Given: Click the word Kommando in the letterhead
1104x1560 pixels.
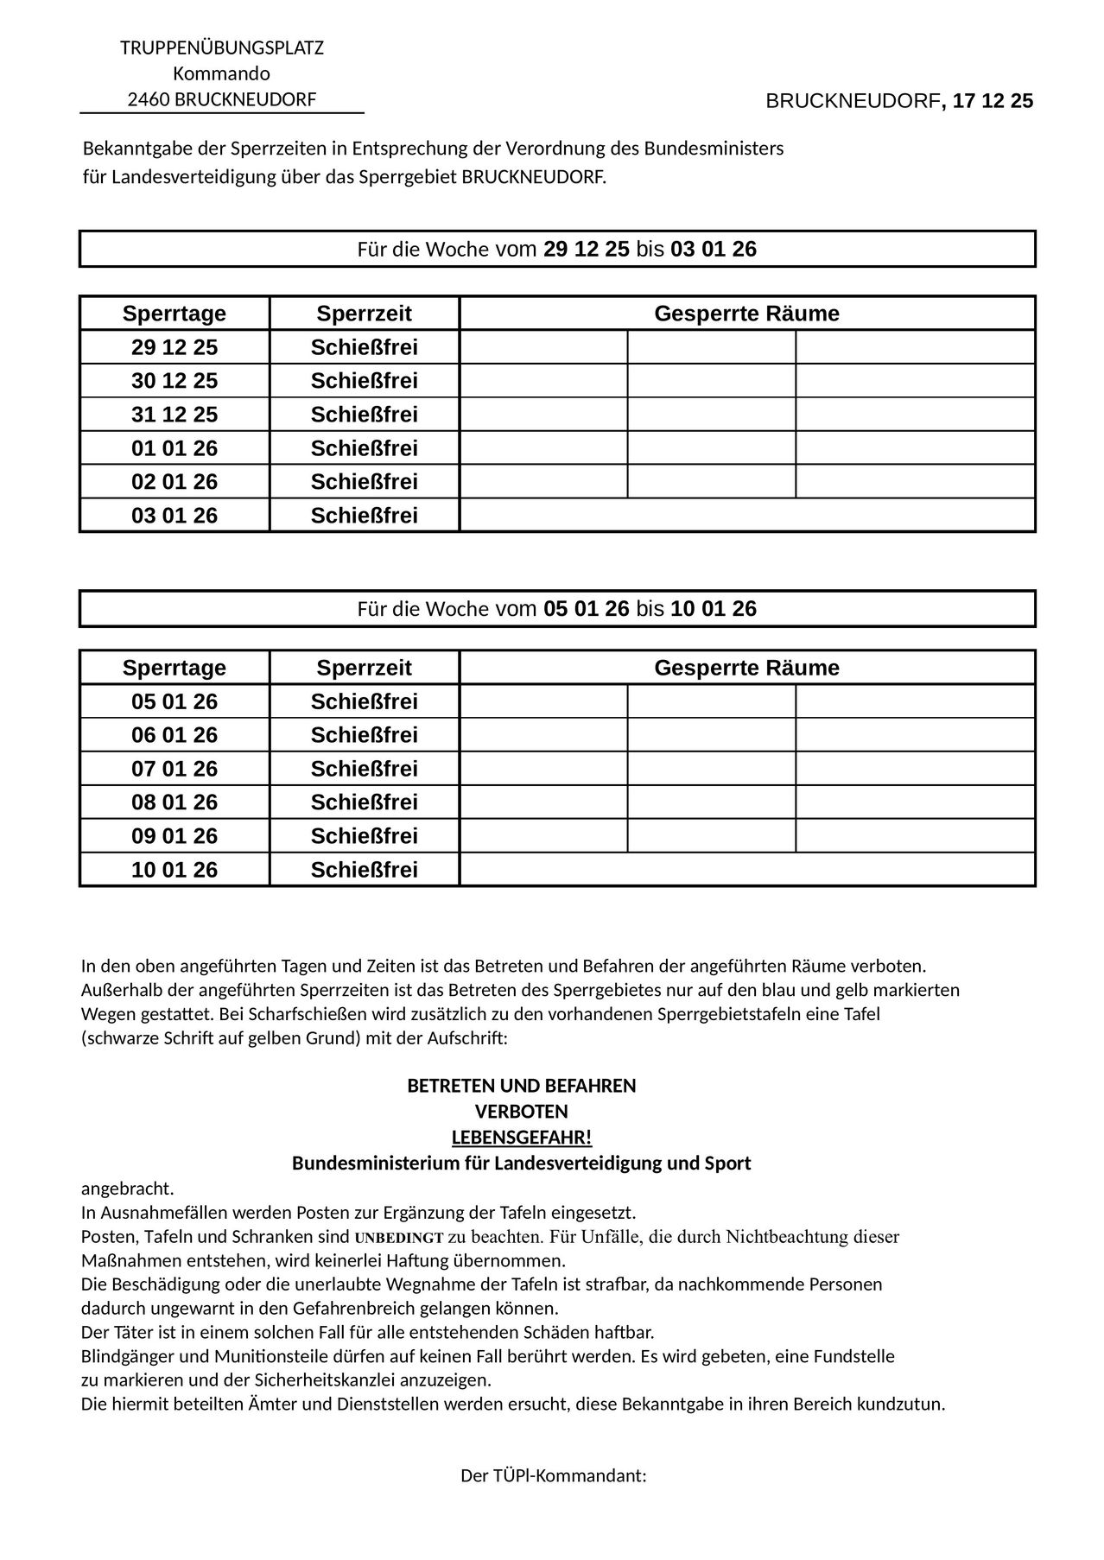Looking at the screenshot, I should point(221,73).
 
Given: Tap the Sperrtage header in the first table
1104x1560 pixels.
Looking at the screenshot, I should point(174,314).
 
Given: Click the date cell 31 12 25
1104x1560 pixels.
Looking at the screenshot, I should point(174,415).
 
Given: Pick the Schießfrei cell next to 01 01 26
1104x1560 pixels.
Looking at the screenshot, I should point(364,448).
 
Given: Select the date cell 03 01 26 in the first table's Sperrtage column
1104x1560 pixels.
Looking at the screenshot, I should point(174,516).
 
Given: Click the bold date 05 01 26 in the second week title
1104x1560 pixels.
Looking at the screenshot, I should point(586,609).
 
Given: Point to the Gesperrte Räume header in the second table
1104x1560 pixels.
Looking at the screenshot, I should point(746,668).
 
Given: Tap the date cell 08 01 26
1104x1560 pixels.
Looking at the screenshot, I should point(174,802).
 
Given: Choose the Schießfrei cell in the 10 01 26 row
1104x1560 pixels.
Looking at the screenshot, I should point(364,870).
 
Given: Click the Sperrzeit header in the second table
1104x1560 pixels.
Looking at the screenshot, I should point(364,668).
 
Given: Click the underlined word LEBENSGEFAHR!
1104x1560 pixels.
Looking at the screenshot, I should point(522,1137).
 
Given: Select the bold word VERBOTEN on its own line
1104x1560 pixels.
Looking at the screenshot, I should point(522,1112).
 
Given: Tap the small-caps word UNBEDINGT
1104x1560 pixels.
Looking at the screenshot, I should point(399,1237).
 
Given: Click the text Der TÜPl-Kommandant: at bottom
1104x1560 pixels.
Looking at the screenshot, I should point(553,1476).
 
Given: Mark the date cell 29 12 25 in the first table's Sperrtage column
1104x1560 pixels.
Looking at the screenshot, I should point(174,347).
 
